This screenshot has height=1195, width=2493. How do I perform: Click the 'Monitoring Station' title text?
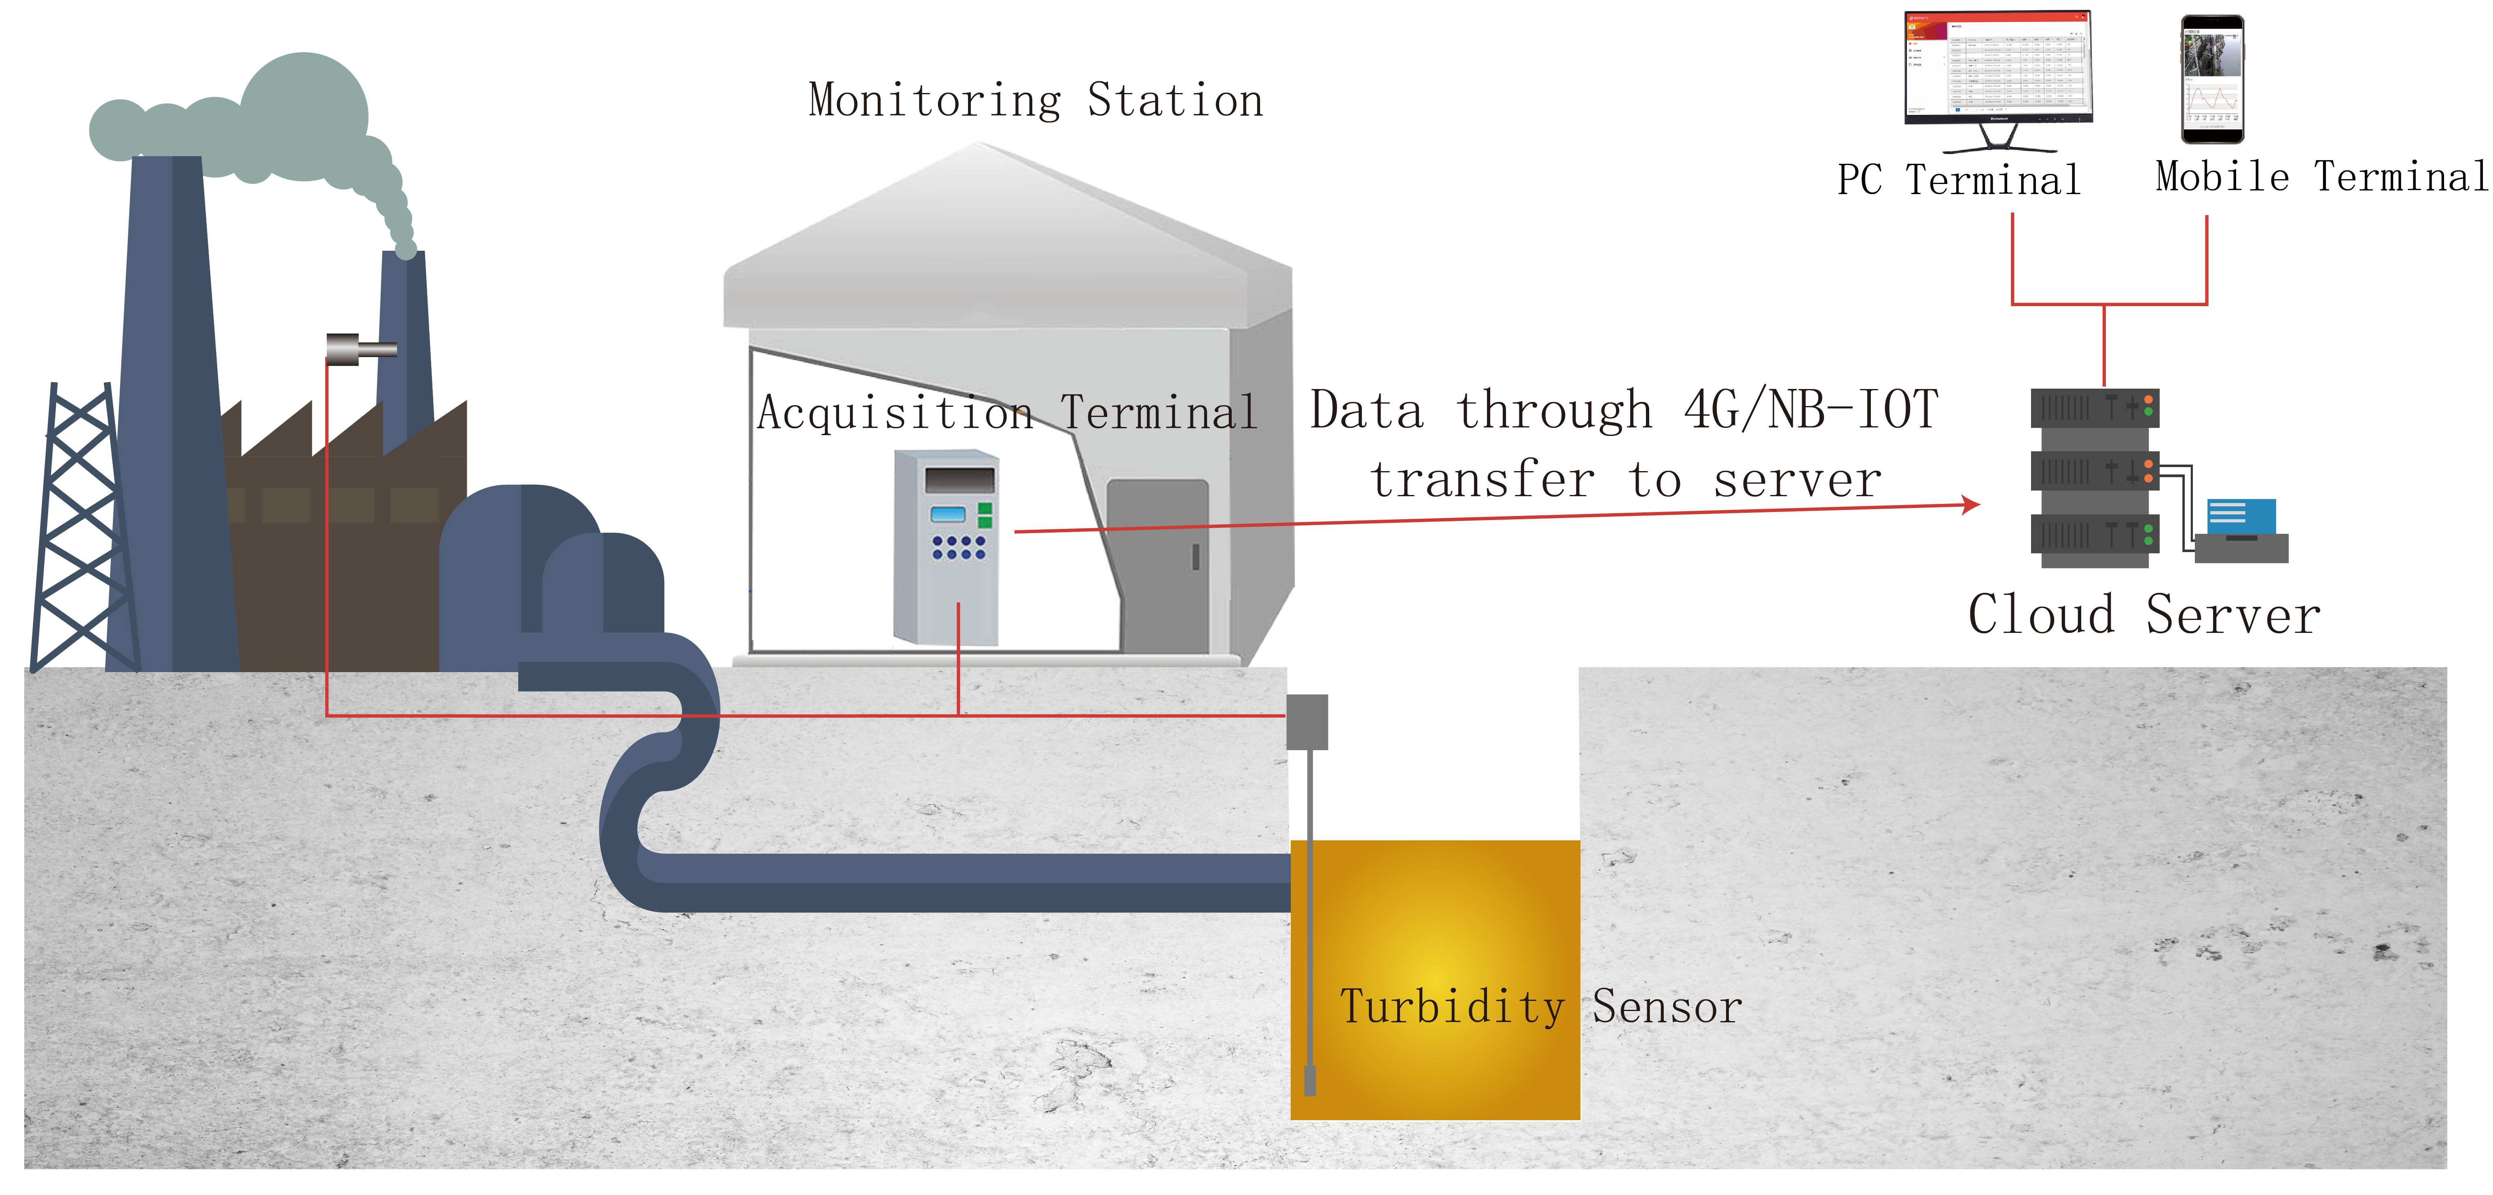1036,101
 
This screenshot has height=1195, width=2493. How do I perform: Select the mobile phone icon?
2212,79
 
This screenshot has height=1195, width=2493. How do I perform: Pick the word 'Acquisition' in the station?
895,413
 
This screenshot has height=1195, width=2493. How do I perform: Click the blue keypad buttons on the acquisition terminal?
958,548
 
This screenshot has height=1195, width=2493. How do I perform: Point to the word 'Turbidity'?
1452,1007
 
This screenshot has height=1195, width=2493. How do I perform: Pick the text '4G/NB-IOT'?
1810,410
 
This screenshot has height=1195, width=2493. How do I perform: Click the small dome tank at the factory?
602,581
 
